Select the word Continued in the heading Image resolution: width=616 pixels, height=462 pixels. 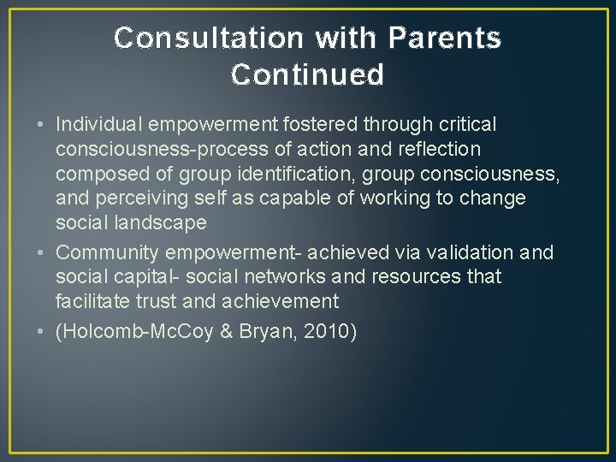pyautogui.click(x=307, y=75)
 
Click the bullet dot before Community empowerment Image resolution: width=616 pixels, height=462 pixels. pyautogui.click(x=43, y=253)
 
